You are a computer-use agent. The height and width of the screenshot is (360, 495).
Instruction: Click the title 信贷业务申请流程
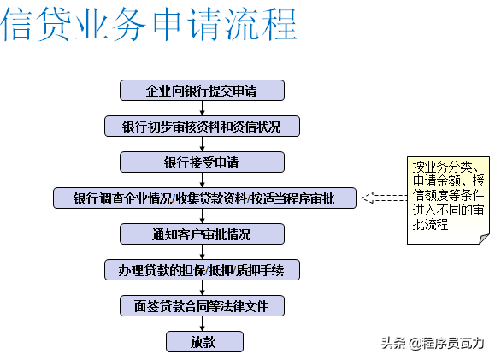tap(149, 24)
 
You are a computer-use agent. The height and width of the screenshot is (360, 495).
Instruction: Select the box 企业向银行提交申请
tap(202, 91)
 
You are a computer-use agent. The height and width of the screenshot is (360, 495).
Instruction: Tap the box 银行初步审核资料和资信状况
tap(202, 127)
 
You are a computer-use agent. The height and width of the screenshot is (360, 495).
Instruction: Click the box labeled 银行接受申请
tap(202, 162)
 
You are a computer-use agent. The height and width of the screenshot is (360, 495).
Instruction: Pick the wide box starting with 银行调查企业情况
tap(204, 198)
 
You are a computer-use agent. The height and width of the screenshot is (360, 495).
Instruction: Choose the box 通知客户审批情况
tap(202, 234)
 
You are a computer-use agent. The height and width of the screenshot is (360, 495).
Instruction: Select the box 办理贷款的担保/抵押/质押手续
tap(202, 269)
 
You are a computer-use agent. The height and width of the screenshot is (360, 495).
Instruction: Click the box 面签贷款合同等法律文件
tap(202, 305)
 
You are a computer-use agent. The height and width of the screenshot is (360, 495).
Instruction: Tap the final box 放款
tap(204, 342)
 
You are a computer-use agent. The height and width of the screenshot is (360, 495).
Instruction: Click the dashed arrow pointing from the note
tap(384, 198)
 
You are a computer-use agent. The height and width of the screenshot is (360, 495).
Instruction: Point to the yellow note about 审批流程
tap(448, 200)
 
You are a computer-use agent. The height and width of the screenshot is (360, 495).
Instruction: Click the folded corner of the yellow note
tap(484, 239)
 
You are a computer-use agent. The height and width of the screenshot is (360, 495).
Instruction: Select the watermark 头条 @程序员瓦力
tap(433, 343)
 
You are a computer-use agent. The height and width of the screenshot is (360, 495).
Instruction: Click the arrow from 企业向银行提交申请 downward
tap(203, 109)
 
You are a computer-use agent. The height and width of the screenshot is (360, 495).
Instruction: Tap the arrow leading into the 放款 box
tap(203, 324)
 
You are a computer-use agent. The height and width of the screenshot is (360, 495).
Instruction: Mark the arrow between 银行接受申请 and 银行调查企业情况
tap(203, 180)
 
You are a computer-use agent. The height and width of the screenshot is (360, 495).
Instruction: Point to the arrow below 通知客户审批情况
tap(203, 252)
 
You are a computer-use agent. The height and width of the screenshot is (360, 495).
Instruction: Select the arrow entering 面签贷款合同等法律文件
tap(203, 287)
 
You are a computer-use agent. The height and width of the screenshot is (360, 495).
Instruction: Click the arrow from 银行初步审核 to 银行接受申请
tap(203, 145)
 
